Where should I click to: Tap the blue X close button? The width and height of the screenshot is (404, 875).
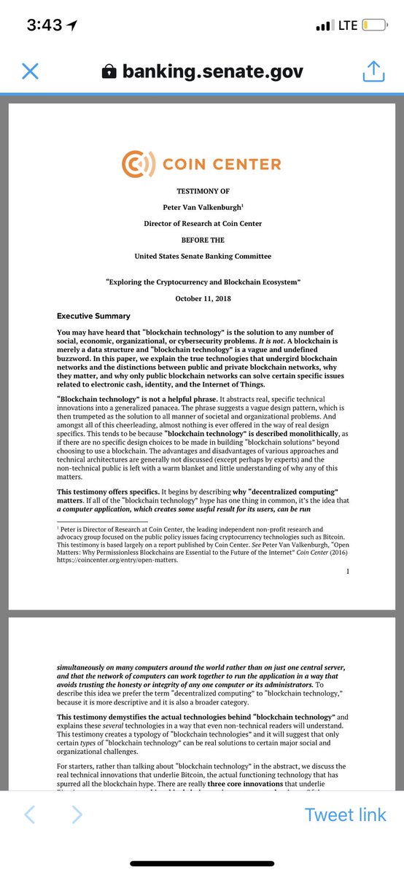[x=30, y=71]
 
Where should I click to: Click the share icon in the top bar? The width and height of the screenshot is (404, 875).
[x=373, y=71]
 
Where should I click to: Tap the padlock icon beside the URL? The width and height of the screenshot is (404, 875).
[x=109, y=71]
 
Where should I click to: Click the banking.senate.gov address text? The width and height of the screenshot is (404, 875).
[x=212, y=71]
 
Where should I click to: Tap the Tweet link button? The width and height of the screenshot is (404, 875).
[x=345, y=814]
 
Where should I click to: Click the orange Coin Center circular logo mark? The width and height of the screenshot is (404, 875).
[x=136, y=163]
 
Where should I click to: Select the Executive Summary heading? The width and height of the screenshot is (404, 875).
[x=93, y=316]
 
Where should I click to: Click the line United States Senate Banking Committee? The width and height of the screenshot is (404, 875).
[x=203, y=256]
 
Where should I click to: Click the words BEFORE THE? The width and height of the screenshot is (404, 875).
[x=203, y=239]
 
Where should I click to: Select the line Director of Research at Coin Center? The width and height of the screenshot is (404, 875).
[x=203, y=223]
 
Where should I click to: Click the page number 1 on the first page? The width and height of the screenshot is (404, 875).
[x=348, y=572]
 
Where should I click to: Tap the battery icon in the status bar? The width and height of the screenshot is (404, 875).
[x=373, y=26]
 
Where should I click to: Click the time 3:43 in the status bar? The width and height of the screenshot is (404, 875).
[x=46, y=26]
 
